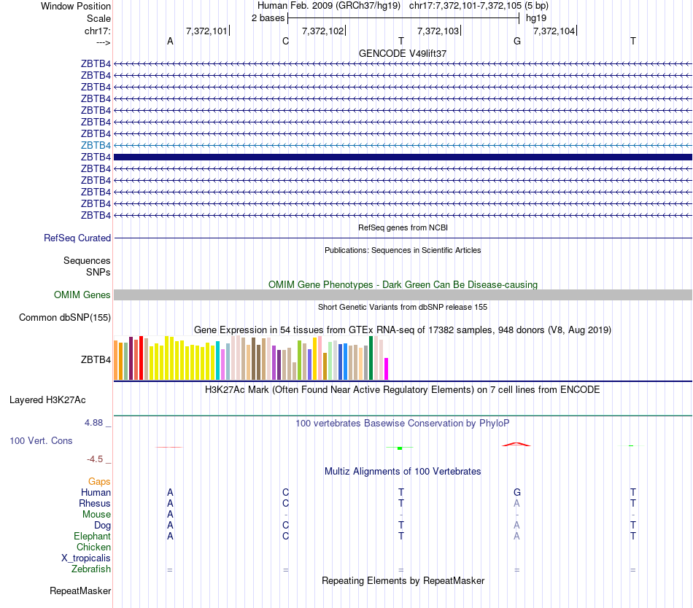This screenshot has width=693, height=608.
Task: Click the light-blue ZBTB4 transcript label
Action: (96, 145)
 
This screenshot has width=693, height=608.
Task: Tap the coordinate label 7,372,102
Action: (322, 31)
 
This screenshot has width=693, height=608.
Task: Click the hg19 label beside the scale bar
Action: (536, 17)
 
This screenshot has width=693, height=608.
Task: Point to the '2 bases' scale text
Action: (268, 17)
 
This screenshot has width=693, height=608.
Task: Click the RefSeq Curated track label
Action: (77, 238)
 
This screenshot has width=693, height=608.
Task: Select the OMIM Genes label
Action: (82, 295)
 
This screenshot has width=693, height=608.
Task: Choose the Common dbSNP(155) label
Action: (65, 317)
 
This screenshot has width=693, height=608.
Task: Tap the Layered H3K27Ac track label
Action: (47, 400)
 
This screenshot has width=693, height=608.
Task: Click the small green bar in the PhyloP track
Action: (400, 448)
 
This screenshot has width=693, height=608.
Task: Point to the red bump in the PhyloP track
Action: (516, 444)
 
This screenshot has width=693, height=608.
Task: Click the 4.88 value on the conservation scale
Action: (96, 423)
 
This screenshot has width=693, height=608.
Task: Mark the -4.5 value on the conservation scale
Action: (97, 459)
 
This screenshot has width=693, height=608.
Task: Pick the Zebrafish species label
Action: (91, 569)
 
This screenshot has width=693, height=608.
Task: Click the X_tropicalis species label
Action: (86, 558)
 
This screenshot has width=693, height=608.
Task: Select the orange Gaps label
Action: (99, 481)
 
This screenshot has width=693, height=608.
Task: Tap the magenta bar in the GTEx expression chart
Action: (387, 368)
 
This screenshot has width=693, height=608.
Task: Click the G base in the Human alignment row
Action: (517, 492)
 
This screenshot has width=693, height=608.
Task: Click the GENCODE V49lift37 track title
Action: (403, 53)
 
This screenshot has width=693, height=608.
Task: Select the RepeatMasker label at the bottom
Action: (80, 591)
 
